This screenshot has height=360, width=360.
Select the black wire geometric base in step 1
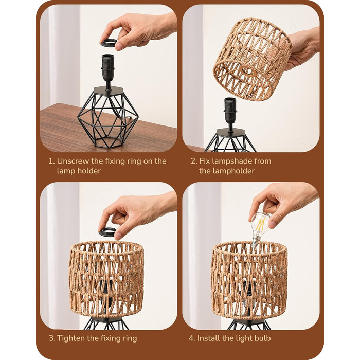pos(108,117)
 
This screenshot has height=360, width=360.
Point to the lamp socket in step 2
pos(230,114)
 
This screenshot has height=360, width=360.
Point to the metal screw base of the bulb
pos(255,242)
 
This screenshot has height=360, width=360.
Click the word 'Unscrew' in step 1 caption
pos(73,161)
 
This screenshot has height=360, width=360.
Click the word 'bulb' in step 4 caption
pos(262,338)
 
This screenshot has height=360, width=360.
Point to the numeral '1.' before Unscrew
pos(51,161)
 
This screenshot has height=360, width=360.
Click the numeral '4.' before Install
pos(192,338)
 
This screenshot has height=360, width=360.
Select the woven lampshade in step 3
pos(106,279)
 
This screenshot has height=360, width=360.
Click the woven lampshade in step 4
pos(249,280)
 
